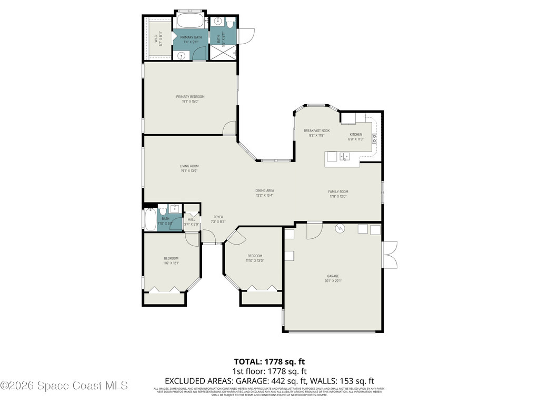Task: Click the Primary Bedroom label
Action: click(190, 97)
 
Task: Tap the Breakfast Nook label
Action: click(316, 130)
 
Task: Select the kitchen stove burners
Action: click(374, 139)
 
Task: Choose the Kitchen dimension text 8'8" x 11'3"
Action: click(356, 140)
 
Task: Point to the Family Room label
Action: click(338, 191)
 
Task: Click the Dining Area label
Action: click(265, 190)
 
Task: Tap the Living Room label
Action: click(189, 166)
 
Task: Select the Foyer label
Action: click(218, 217)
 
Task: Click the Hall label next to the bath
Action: click(192, 219)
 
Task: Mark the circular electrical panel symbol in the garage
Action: click(340, 228)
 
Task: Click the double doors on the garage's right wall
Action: click(390, 255)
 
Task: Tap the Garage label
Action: click(333, 276)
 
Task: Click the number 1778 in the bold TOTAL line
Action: click(275, 361)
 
